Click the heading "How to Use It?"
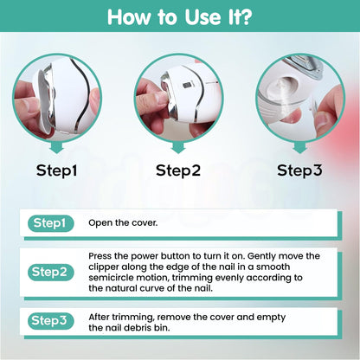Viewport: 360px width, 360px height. pyautogui.click(x=179, y=17)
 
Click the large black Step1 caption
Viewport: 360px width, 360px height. pyautogui.click(x=56, y=170)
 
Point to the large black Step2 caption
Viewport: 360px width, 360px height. pyautogui.click(x=179, y=170)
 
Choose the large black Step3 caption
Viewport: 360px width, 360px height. pyautogui.click(x=301, y=170)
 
